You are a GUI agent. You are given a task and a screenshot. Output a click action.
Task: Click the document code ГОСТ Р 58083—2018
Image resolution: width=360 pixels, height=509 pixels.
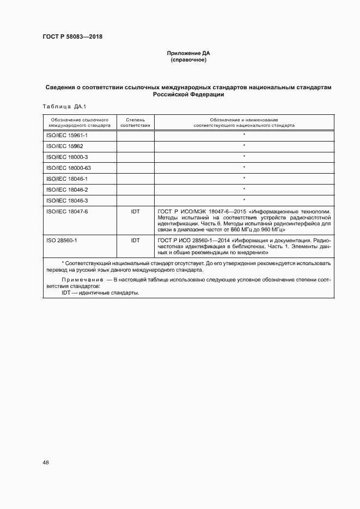click(x=72, y=36)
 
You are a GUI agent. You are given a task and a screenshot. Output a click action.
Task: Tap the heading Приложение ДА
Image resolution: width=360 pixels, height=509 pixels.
click(x=188, y=53)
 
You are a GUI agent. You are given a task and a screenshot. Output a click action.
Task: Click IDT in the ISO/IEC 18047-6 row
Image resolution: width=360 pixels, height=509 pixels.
click(x=135, y=211)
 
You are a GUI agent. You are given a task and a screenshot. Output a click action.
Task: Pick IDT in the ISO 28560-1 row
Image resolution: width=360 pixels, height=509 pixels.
click(x=135, y=240)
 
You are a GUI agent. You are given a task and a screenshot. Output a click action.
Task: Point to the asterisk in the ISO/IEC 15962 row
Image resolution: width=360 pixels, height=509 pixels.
click(x=244, y=146)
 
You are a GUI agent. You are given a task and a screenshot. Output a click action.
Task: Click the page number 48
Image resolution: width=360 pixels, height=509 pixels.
click(x=46, y=462)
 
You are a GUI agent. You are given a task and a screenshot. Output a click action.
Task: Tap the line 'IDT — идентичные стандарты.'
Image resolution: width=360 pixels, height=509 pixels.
click(x=101, y=293)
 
